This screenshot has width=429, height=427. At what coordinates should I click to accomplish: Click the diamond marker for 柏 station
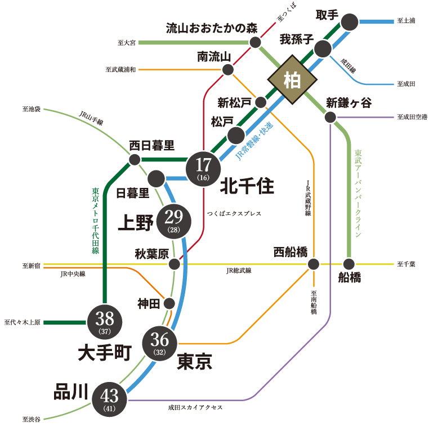click(x=292, y=80)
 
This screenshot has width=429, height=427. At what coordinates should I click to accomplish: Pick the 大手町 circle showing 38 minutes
click(x=105, y=322)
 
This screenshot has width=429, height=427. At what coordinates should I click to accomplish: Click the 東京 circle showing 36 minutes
click(x=160, y=343)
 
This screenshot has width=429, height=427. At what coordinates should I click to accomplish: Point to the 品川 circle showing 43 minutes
click(x=110, y=399)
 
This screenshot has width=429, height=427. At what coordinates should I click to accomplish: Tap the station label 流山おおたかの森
click(x=207, y=28)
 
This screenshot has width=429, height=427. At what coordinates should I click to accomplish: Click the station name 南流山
click(x=214, y=56)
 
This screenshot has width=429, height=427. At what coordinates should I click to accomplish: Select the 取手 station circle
click(x=350, y=22)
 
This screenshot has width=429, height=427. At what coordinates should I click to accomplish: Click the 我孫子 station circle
click(x=323, y=48)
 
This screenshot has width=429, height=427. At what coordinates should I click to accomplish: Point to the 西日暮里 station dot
click(x=135, y=160)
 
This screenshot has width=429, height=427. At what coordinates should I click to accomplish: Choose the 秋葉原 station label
click(x=151, y=254)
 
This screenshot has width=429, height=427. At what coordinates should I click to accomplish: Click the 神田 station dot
click(x=169, y=303)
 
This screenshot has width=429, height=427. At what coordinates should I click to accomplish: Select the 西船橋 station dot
click(x=314, y=264)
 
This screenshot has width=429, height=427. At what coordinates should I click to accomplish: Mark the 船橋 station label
click(x=350, y=278)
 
